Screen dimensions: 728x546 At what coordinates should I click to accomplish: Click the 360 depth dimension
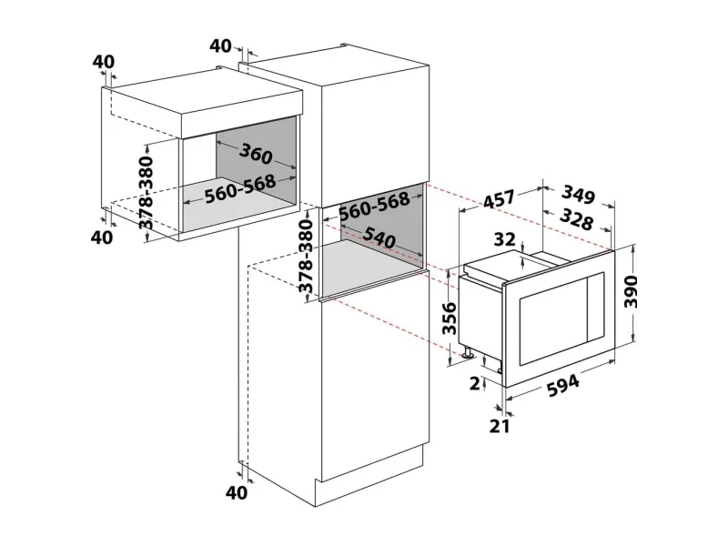pos(256,154)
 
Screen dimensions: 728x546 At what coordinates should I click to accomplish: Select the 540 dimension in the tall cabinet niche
pos(379,238)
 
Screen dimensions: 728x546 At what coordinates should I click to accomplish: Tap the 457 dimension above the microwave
pos(499,198)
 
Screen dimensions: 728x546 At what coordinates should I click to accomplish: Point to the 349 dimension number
pos(578,195)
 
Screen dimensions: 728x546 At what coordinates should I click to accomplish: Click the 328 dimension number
pos(577,219)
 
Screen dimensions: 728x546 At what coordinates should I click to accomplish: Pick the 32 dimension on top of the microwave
pos(505,239)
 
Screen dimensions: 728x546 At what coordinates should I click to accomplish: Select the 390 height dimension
pos(631,291)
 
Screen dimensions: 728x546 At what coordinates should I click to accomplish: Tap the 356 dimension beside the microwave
pos(450,318)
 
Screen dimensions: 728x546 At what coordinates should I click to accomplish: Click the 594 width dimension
pos(563,385)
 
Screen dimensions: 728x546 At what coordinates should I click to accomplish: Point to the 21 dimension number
pos(500,426)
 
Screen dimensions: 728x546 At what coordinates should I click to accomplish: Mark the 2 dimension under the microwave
pos(474,383)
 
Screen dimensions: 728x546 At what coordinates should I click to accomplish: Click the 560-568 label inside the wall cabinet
pos(240,189)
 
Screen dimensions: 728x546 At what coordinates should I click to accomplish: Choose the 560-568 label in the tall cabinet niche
pos(374,207)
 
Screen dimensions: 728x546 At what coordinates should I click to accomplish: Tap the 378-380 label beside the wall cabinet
pos(147,193)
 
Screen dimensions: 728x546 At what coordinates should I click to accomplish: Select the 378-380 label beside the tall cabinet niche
pos(306,257)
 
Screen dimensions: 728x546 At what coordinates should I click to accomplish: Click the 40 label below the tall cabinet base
pos(237,492)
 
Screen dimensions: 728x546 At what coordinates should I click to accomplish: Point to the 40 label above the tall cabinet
pos(220,46)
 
